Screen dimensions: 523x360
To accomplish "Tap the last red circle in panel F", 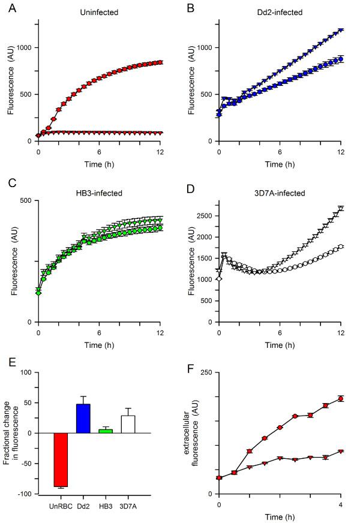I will pos(341,399).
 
